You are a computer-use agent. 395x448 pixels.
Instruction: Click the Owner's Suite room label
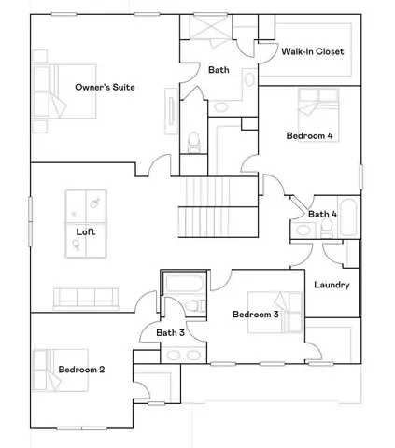(105, 88)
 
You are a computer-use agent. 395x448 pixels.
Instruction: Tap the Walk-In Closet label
(314, 51)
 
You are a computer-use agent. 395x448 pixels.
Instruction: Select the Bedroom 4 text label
(309, 136)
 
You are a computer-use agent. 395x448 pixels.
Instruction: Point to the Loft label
(85, 230)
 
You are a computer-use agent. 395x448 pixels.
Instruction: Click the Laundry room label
(332, 285)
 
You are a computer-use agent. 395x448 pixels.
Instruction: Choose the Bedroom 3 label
(256, 315)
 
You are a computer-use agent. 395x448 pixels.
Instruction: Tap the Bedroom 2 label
(81, 370)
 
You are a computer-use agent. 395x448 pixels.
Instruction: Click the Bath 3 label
(169, 332)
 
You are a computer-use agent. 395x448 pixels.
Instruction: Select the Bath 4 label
(322, 215)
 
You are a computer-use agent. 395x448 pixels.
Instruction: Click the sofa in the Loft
(85, 298)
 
